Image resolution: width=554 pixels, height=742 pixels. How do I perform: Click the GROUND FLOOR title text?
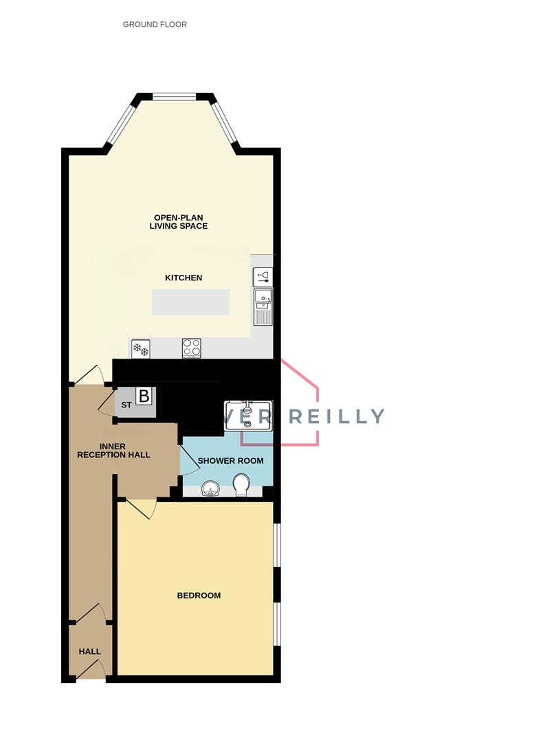click(x=155, y=25)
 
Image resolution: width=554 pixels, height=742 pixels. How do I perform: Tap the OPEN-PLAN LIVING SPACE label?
click(x=179, y=222)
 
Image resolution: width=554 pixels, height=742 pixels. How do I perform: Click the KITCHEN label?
click(x=184, y=278)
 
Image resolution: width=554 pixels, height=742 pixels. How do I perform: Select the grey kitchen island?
click(x=191, y=302)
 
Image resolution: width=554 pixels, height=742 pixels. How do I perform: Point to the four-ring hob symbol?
click(x=192, y=348)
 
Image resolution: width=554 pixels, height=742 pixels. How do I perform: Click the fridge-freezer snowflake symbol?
click(x=141, y=349)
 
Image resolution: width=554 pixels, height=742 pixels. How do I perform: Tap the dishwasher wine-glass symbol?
click(x=263, y=278)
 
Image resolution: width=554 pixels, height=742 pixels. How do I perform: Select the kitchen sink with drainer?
click(x=263, y=306)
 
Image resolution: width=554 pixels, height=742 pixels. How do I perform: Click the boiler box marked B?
click(x=144, y=396)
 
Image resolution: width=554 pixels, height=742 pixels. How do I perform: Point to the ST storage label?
click(x=126, y=405)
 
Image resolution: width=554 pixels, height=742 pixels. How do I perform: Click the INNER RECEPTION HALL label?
click(x=113, y=451)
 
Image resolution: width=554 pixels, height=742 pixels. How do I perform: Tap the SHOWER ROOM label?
click(x=230, y=461)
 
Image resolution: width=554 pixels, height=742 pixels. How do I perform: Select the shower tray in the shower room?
click(x=248, y=414)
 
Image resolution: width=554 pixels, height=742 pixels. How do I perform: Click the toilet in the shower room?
click(x=242, y=485)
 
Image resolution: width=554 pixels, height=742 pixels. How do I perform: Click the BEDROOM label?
click(x=199, y=596)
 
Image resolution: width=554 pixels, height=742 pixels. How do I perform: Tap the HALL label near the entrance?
click(x=89, y=652)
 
